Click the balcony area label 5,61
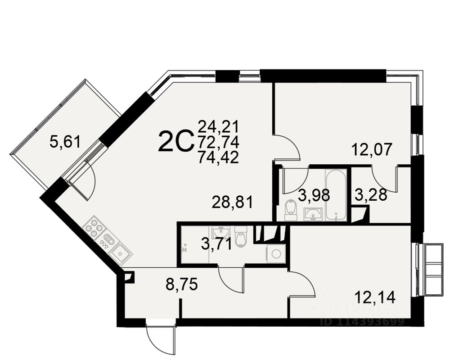pos(65,143)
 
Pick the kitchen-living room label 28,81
pos(232,202)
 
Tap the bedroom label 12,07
pos(372,149)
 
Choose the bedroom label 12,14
pos(375,297)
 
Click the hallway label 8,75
pos(182,284)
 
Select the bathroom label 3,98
pos(314,195)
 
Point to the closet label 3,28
pos(371,195)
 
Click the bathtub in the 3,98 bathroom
pos(336,194)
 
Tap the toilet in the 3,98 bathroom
pos(291,210)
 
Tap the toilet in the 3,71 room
pos(241,237)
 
